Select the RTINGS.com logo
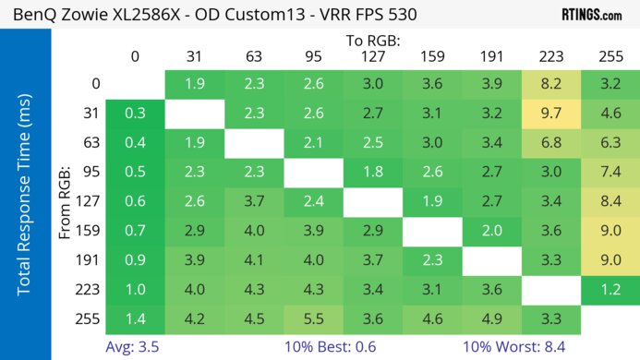591,15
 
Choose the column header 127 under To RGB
373,56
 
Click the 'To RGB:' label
373,40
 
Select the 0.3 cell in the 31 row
134,115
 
